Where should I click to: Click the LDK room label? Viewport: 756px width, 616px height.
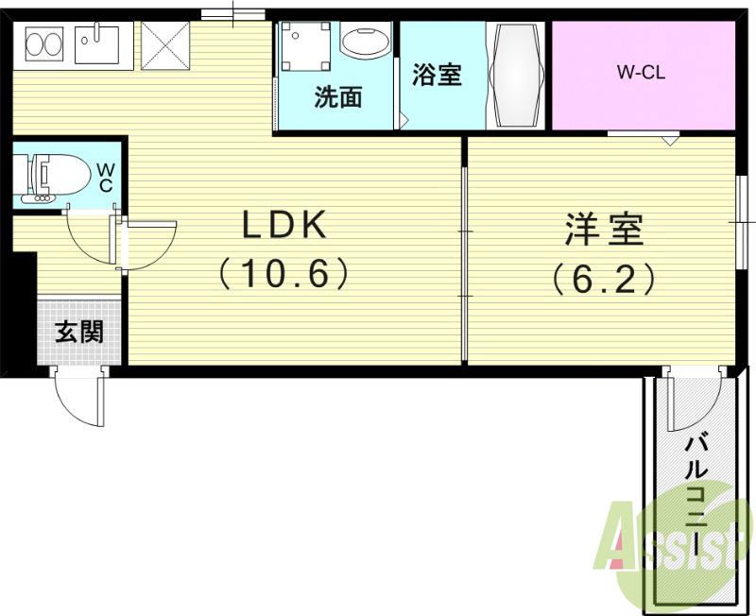coord(284,227)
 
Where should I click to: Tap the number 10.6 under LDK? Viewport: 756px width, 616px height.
coord(284,275)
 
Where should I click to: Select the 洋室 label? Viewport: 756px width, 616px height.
coord(605,229)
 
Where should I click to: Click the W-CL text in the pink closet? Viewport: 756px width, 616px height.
coord(642,73)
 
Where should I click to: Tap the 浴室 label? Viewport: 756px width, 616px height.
coord(437,76)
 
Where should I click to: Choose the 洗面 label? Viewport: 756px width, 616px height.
coord(337,97)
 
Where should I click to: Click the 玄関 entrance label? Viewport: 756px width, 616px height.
coord(78,333)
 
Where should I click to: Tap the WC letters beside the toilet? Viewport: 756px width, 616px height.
coord(105,177)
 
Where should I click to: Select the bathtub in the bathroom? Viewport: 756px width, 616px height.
coord(515,76)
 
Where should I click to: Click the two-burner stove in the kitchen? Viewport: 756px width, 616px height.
coord(43,43)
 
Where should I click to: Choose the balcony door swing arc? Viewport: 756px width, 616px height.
coord(688,402)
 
